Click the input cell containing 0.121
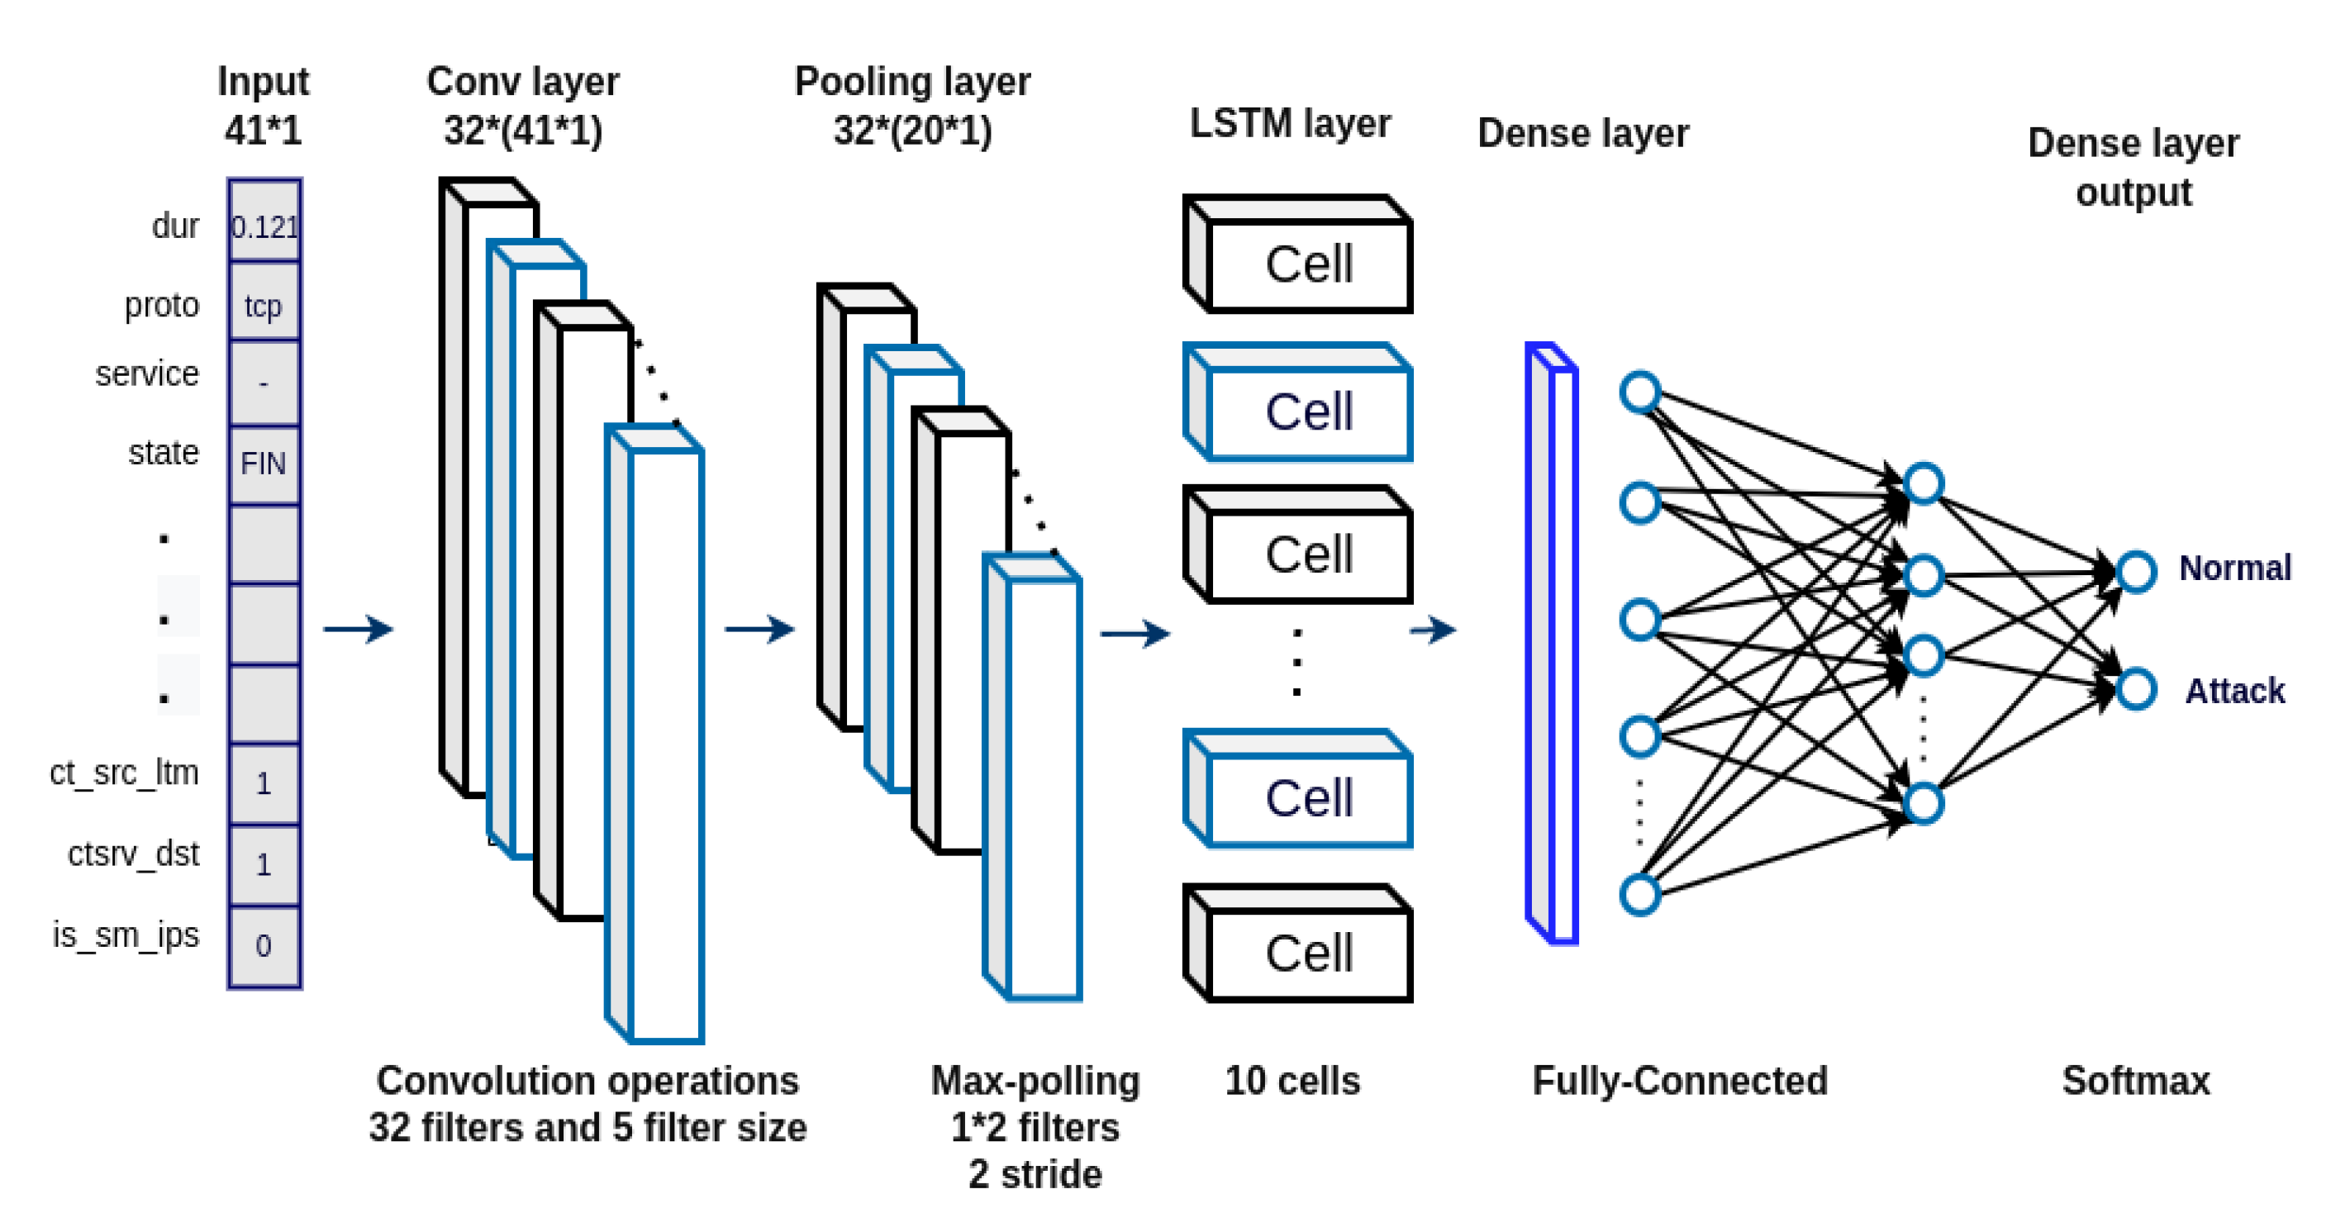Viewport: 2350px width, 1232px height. [264, 225]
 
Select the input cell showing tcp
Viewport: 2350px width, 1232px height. [264, 304]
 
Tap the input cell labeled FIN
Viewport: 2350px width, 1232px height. [264, 464]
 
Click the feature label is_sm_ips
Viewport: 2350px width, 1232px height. [125, 935]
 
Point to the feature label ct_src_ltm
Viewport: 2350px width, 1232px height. [124, 772]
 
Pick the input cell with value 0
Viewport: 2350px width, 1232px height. [264, 945]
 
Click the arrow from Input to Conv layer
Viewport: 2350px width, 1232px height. [359, 629]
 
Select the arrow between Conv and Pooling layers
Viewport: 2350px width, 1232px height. [759, 629]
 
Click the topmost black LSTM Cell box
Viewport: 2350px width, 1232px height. [1299, 256]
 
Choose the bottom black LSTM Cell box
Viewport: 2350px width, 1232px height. [1299, 945]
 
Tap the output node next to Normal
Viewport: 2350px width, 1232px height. [2137, 571]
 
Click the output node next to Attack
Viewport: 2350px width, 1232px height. [2137, 689]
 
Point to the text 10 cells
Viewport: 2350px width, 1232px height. [1292, 1081]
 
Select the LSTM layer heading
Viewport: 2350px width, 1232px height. [1290, 123]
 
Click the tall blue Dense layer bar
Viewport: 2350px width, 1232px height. [1552, 645]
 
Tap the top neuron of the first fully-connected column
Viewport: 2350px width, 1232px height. [1639, 392]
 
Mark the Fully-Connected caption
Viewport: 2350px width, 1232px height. [1680, 1081]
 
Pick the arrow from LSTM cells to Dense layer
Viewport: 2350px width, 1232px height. [1432, 629]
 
